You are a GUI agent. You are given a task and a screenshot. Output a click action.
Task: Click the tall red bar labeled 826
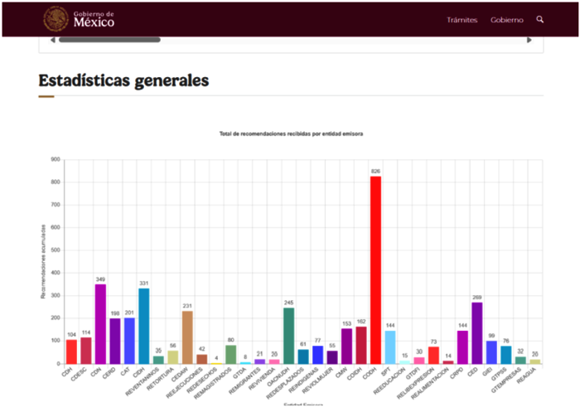pos(375,269)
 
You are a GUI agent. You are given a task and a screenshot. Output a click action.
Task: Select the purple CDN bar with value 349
pos(100,324)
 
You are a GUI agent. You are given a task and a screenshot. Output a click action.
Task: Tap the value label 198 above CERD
pos(115,313)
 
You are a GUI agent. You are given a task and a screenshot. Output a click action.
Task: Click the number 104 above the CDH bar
pos(71,335)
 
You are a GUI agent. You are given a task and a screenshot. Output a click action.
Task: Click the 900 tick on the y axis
pos(55,159)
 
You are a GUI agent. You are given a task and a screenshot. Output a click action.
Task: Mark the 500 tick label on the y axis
pos(55,250)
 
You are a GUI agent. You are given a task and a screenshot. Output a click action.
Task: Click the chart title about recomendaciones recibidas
pos(291,133)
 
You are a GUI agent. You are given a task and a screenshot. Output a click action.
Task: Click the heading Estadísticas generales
pos(123,80)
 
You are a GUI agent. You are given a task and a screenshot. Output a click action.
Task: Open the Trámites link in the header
pos(462,19)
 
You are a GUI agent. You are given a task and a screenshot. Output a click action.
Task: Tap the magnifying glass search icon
pos(540,19)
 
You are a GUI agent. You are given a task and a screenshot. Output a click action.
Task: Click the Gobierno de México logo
pos(80,18)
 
